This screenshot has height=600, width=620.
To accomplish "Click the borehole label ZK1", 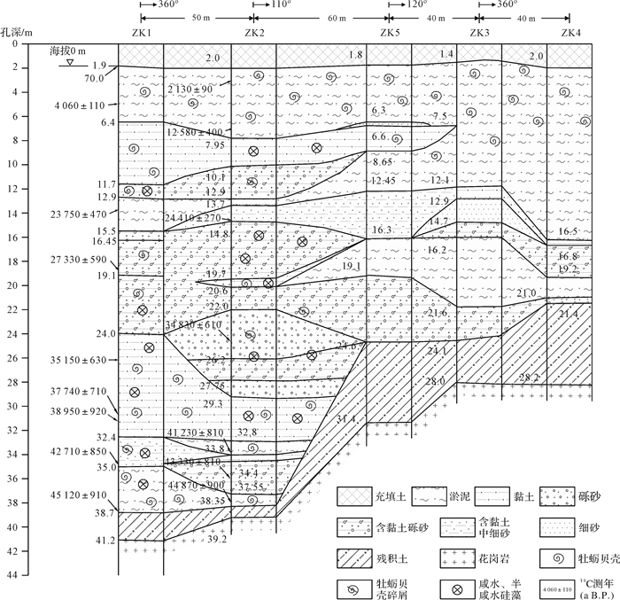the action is (141, 34).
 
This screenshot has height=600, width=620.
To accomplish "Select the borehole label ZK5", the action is (391, 34).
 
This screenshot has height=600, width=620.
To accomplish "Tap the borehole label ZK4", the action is (570, 34).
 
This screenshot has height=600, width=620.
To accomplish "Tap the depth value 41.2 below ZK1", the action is (106, 540).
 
